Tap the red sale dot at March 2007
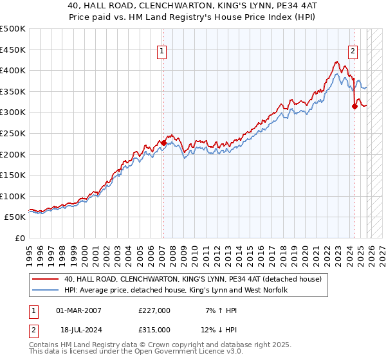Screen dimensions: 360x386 [163, 143]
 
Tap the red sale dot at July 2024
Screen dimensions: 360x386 [354, 107]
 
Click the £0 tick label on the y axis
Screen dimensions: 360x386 [19, 238]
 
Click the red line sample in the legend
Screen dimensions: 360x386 [46, 279]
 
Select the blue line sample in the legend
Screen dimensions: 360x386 [46, 291]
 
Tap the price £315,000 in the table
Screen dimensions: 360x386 [154, 329]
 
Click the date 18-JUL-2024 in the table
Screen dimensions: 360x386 [79, 329]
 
